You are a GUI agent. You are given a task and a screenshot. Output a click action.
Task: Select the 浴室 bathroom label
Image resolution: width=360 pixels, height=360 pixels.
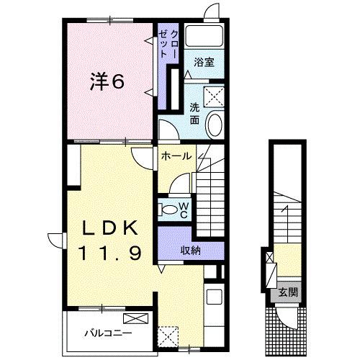[204, 63]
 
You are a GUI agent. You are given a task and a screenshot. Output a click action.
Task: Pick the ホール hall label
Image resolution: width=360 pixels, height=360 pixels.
[175, 156]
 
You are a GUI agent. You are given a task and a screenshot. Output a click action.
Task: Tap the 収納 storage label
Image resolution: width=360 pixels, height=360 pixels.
[191, 251]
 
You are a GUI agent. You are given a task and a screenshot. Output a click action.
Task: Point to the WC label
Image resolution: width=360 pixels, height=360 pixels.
[184, 210]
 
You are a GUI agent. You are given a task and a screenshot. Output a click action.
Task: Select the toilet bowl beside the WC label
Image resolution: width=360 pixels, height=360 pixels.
[168, 210]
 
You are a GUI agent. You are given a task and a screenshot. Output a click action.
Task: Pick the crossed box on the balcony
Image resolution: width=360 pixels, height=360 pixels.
[134, 318]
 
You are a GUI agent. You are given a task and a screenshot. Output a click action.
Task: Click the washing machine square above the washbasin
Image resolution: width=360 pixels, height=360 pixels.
[214, 94]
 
